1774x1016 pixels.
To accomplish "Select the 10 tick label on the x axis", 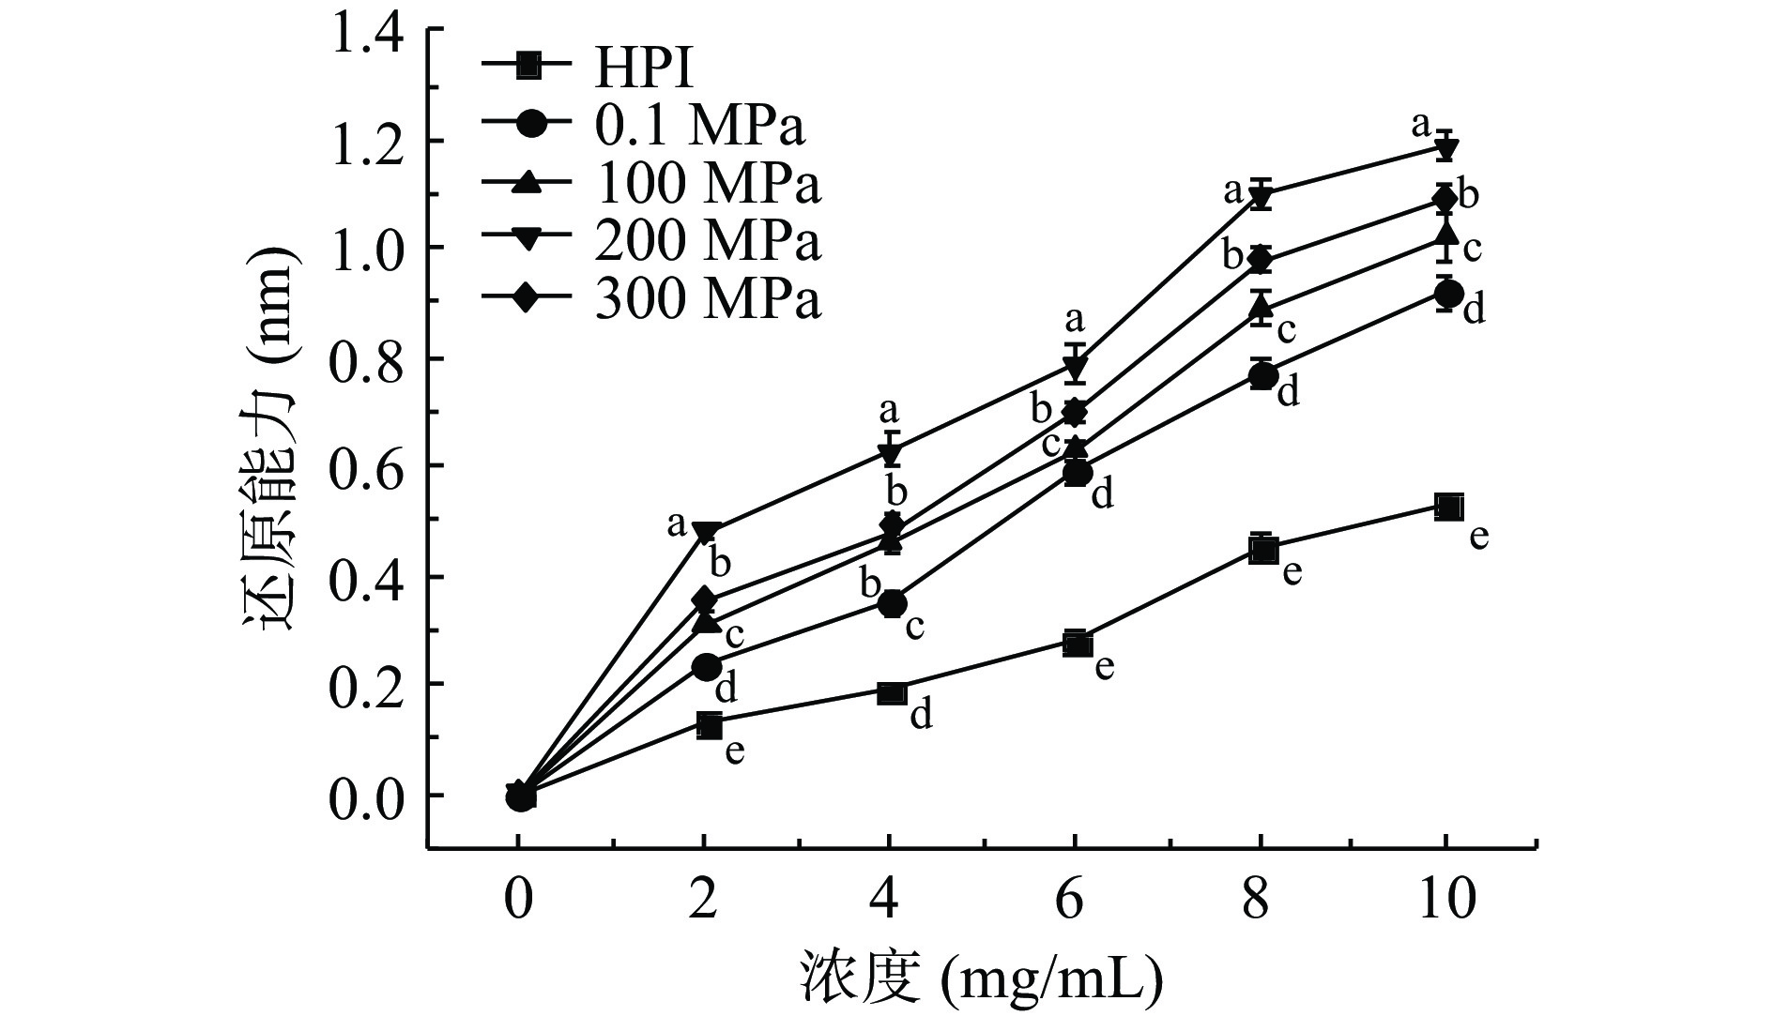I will pyautogui.click(x=1446, y=899).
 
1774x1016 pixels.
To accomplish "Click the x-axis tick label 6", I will pyautogui.click(x=1076, y=899).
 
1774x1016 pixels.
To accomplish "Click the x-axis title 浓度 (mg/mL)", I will pyautogui.click(x=981, y=979).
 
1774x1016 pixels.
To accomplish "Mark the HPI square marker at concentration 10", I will pyautogui.click(x=1448, y=507).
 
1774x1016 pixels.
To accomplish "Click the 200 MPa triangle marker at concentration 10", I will pyautogui.click(x=1446, y=148).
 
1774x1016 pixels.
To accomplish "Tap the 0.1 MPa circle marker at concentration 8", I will pyautogui.click(x=1263, y=375).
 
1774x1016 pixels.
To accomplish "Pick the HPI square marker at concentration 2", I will pyautogui.click(x=709, y=725).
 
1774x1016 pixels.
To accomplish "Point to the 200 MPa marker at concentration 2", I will pyautogui.click(x=709, y=531).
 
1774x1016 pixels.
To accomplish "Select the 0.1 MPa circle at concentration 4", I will pyautogui.click(x=892, y=603).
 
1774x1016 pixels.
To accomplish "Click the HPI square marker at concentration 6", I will pyautogui.click(x=1078, y=644).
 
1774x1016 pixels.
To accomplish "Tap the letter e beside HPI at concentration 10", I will pyautogui.click(x=1479, y=538).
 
